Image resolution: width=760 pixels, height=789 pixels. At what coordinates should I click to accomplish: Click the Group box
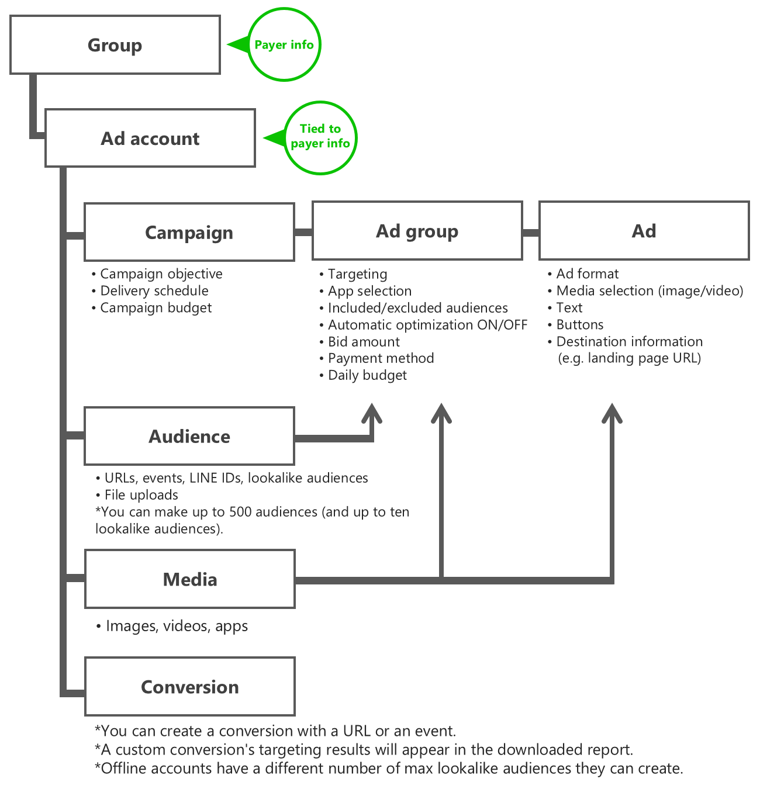pos(115,45)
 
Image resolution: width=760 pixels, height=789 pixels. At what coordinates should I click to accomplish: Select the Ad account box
pos(150,138)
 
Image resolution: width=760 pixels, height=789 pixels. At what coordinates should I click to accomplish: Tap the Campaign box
pos(189,233)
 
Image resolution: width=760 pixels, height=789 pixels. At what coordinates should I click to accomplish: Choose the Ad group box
pos(417,231)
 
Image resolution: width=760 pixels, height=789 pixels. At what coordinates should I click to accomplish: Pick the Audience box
pos(189,436)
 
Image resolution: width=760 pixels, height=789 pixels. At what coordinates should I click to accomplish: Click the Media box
pos(190,579)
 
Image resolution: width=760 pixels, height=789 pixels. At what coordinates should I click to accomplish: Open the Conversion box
pos(190,687)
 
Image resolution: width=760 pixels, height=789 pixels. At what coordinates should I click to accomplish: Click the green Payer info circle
pos(284,44)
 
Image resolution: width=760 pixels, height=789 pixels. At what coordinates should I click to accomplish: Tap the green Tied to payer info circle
pos(320,138)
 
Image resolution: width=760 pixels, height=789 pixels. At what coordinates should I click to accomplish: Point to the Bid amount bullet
pos(360,342)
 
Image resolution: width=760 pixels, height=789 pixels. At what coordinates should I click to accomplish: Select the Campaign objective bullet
pos(157,274)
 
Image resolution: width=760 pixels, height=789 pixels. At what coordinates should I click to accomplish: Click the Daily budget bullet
pos(363,375)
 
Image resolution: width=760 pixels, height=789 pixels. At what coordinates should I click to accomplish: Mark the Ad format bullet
pos(583,274)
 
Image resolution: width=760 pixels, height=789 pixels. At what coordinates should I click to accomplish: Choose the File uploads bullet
pos(137,495)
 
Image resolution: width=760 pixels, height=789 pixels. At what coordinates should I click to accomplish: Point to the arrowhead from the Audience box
pos(372,413)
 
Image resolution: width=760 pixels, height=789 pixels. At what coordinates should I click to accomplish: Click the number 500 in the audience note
pos(240,512)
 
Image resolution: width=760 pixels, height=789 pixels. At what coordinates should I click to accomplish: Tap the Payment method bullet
pos(376,358)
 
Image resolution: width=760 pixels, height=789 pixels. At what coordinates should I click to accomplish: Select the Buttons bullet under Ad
pos(575,325)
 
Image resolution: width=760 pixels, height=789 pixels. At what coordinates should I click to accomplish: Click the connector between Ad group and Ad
pos(531,233)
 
